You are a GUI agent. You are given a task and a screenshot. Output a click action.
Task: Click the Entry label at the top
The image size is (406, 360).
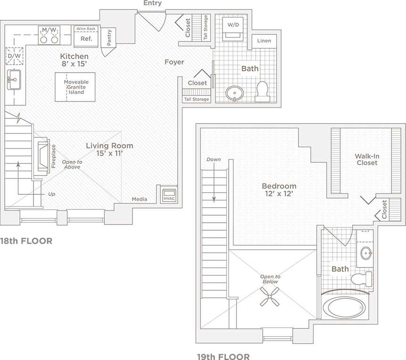(152, 3)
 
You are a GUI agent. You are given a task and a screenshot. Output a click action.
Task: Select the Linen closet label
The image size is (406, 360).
(264, 41)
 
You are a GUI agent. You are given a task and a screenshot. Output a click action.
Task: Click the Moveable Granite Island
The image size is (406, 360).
(75, 87)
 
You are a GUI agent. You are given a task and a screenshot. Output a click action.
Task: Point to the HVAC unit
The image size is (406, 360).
(169, 195)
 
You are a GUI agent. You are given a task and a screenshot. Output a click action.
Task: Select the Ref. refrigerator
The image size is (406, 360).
(86, 39)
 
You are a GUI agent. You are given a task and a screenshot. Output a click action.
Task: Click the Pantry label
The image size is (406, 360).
(109, 37)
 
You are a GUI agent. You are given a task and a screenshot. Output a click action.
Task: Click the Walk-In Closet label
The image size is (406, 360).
(366, 159)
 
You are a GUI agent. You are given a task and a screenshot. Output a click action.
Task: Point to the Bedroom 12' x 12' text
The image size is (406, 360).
(280, 190)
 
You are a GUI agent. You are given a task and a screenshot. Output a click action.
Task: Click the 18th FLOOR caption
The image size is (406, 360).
(26, 241)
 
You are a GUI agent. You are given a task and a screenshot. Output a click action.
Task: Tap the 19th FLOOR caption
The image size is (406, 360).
(223, 356)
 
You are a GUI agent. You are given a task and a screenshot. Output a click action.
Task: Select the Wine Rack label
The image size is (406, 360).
(86, 29)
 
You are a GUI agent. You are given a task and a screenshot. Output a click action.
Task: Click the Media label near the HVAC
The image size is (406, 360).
(140, 199)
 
